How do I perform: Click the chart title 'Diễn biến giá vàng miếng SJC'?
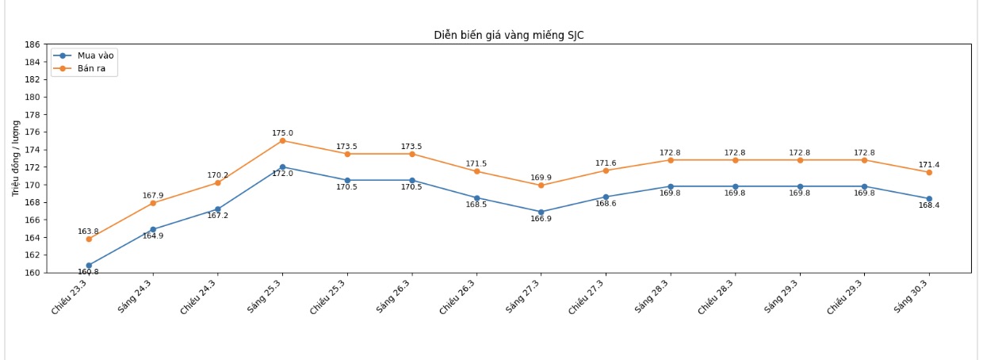509,35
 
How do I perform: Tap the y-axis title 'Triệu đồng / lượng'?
16,158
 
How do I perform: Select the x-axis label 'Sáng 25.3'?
265,297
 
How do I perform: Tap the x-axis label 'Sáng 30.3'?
912,297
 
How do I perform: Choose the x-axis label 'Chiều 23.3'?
70,297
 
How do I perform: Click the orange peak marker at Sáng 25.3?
282,140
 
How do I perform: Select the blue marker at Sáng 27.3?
541,213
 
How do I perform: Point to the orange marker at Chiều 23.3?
89,239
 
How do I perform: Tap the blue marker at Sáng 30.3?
929,199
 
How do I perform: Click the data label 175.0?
282,133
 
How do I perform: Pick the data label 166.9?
541,219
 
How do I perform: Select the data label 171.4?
929,165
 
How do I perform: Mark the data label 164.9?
153,236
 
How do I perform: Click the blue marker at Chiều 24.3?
218,209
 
